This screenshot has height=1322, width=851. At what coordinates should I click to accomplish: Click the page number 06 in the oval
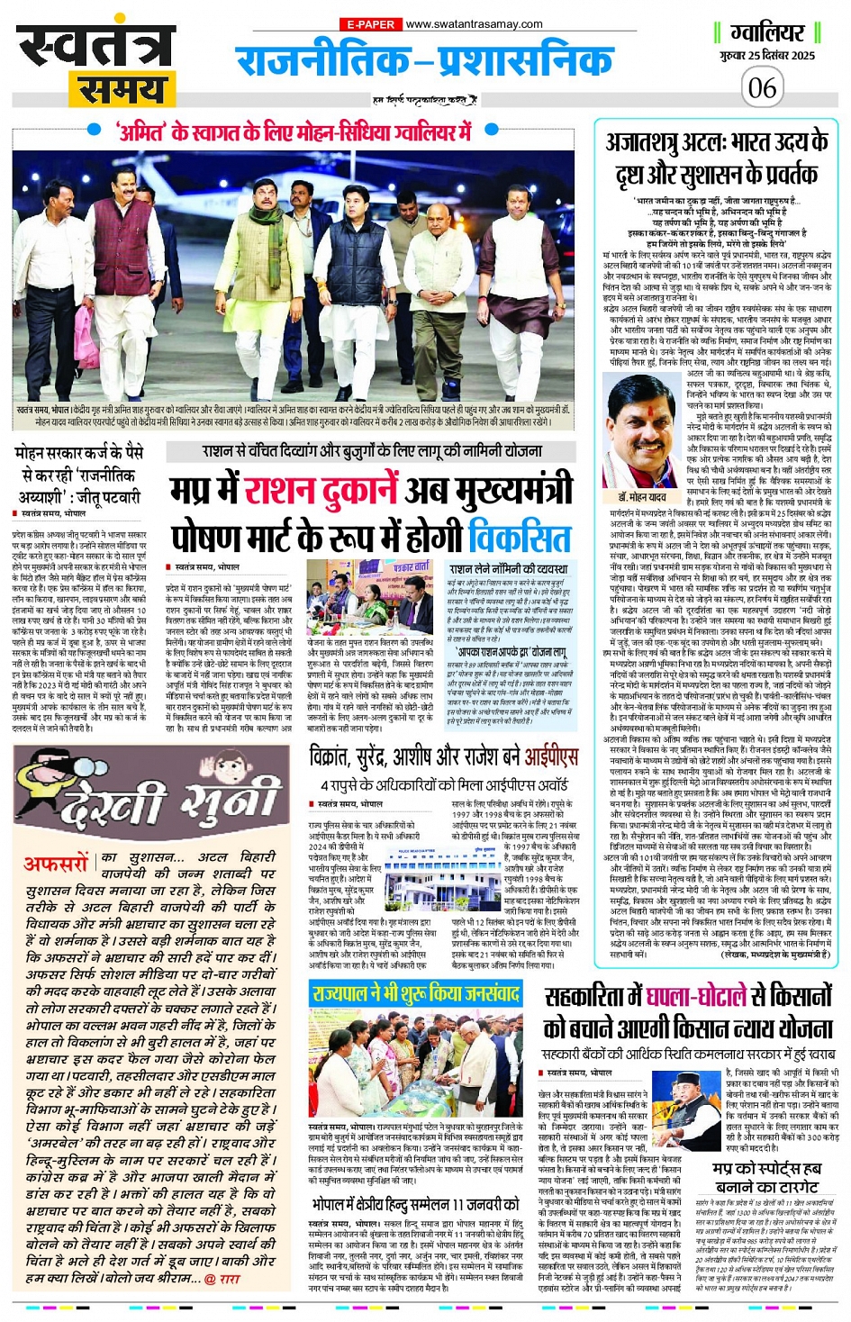762,87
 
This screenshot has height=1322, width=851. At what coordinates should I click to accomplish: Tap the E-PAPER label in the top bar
369,24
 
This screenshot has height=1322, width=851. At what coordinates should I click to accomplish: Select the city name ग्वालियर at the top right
766,33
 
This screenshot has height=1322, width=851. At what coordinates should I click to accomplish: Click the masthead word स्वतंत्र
94,45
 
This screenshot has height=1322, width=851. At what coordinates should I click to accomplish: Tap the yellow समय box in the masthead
122,90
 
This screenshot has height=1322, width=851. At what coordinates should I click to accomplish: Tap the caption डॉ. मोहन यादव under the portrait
642,497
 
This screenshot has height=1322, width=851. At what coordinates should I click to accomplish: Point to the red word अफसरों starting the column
56,864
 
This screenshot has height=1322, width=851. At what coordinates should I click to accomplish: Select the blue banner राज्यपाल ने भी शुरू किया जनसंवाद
415,993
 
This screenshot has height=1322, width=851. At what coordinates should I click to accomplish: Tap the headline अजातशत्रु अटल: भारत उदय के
716,143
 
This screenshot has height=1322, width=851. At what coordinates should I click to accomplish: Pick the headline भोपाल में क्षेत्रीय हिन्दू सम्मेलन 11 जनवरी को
415,1204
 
